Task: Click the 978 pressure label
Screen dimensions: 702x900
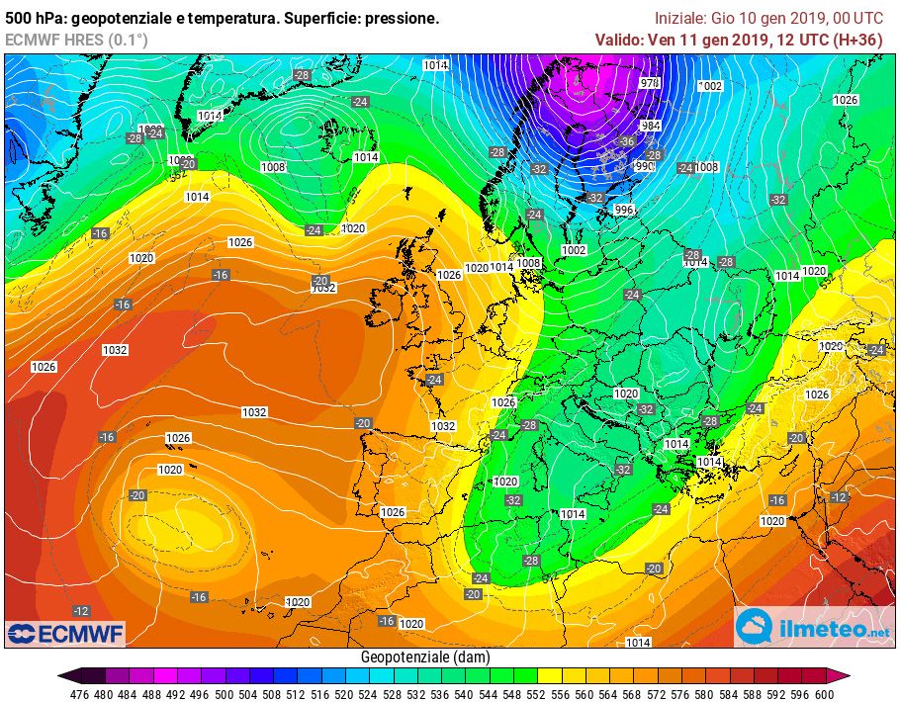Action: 650,83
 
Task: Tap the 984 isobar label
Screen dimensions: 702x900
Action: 650,126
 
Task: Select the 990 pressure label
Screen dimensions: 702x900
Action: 644,166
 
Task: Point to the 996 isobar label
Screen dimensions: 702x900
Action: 623,210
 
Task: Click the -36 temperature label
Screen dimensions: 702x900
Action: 625,141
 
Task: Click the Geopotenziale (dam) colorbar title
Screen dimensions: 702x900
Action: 424,658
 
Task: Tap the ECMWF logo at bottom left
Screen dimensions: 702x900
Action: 65,632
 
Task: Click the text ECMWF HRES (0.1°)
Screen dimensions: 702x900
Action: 76,40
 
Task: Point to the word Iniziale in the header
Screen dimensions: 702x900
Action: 680,18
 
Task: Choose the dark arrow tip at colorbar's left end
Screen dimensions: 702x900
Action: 62,676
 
